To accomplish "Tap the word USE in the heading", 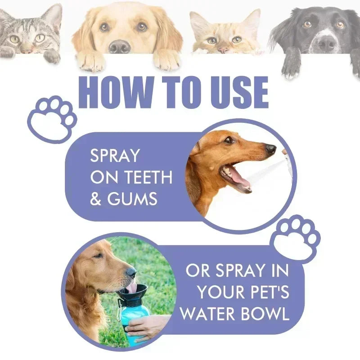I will click(237, 93).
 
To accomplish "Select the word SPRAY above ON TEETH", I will click(115, 156).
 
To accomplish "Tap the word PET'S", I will click(265, 292).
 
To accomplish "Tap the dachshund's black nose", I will click(270, 149).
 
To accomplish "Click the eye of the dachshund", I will click(229, 140).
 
